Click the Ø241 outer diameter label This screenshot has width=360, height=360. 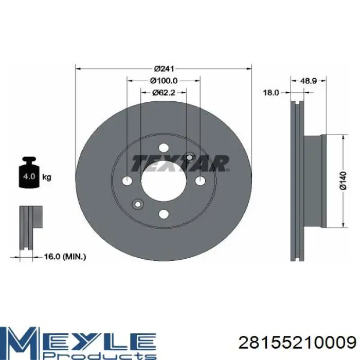164,68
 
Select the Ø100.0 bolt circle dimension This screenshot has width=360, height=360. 164,81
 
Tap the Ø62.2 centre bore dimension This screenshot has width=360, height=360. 164,93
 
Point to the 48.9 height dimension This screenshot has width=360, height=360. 309,81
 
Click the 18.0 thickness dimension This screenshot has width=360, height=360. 271,93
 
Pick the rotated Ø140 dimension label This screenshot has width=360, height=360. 343,181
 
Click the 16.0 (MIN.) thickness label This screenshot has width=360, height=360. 65,257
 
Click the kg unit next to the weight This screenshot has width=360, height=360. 47,177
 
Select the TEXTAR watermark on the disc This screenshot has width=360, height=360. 181,164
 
